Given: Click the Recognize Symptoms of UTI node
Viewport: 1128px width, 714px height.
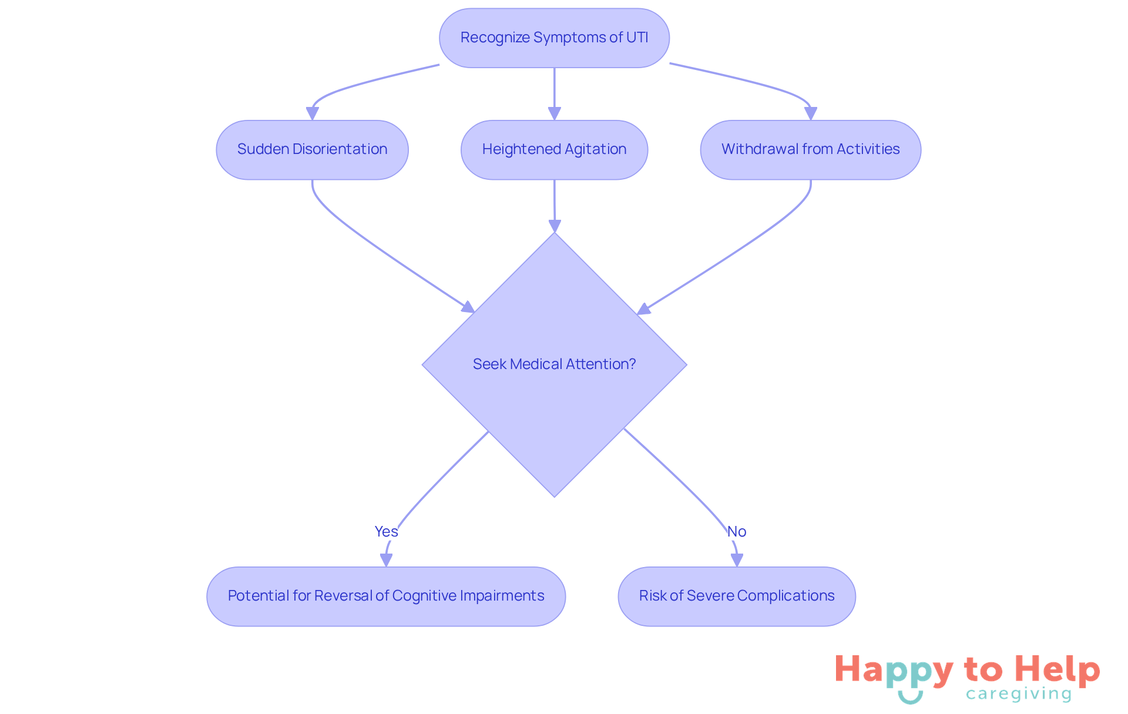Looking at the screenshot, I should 553,38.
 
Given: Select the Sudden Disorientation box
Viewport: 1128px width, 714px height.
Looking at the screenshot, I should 312,150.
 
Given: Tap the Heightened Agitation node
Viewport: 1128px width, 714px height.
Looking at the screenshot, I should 554,150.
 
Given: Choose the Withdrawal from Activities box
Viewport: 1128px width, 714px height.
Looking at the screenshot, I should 810,150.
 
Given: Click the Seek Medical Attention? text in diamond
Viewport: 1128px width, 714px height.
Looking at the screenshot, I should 554,364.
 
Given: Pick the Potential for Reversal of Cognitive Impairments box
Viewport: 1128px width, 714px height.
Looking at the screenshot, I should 386,596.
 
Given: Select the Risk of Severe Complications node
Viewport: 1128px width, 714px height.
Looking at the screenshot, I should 736,596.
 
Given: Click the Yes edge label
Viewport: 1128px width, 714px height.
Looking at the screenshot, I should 386,531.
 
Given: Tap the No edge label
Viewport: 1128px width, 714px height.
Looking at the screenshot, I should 736,531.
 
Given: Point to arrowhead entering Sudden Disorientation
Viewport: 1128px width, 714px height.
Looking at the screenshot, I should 313,113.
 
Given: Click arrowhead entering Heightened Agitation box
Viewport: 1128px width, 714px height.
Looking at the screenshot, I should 554,113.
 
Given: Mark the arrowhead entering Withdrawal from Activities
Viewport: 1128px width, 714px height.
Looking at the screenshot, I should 811,113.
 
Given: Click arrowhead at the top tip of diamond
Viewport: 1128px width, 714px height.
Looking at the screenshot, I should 555,226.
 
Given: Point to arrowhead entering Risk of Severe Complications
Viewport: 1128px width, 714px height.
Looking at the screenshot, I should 737,560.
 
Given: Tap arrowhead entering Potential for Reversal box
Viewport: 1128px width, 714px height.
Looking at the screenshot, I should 386,560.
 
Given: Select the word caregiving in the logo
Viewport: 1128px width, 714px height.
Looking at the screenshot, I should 1019,694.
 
